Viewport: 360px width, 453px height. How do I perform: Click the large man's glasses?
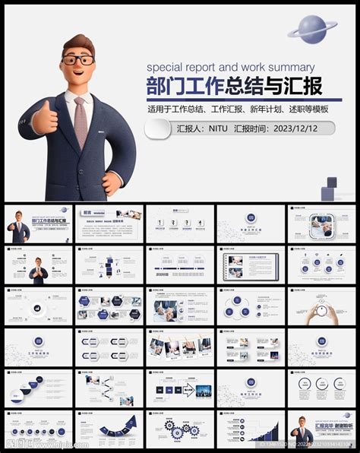(78, 59)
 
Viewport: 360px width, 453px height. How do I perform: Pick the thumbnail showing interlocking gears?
(182, 431)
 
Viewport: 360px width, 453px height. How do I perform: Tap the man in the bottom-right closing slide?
(305, 432)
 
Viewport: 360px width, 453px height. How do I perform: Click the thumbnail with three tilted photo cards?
(182, 349)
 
